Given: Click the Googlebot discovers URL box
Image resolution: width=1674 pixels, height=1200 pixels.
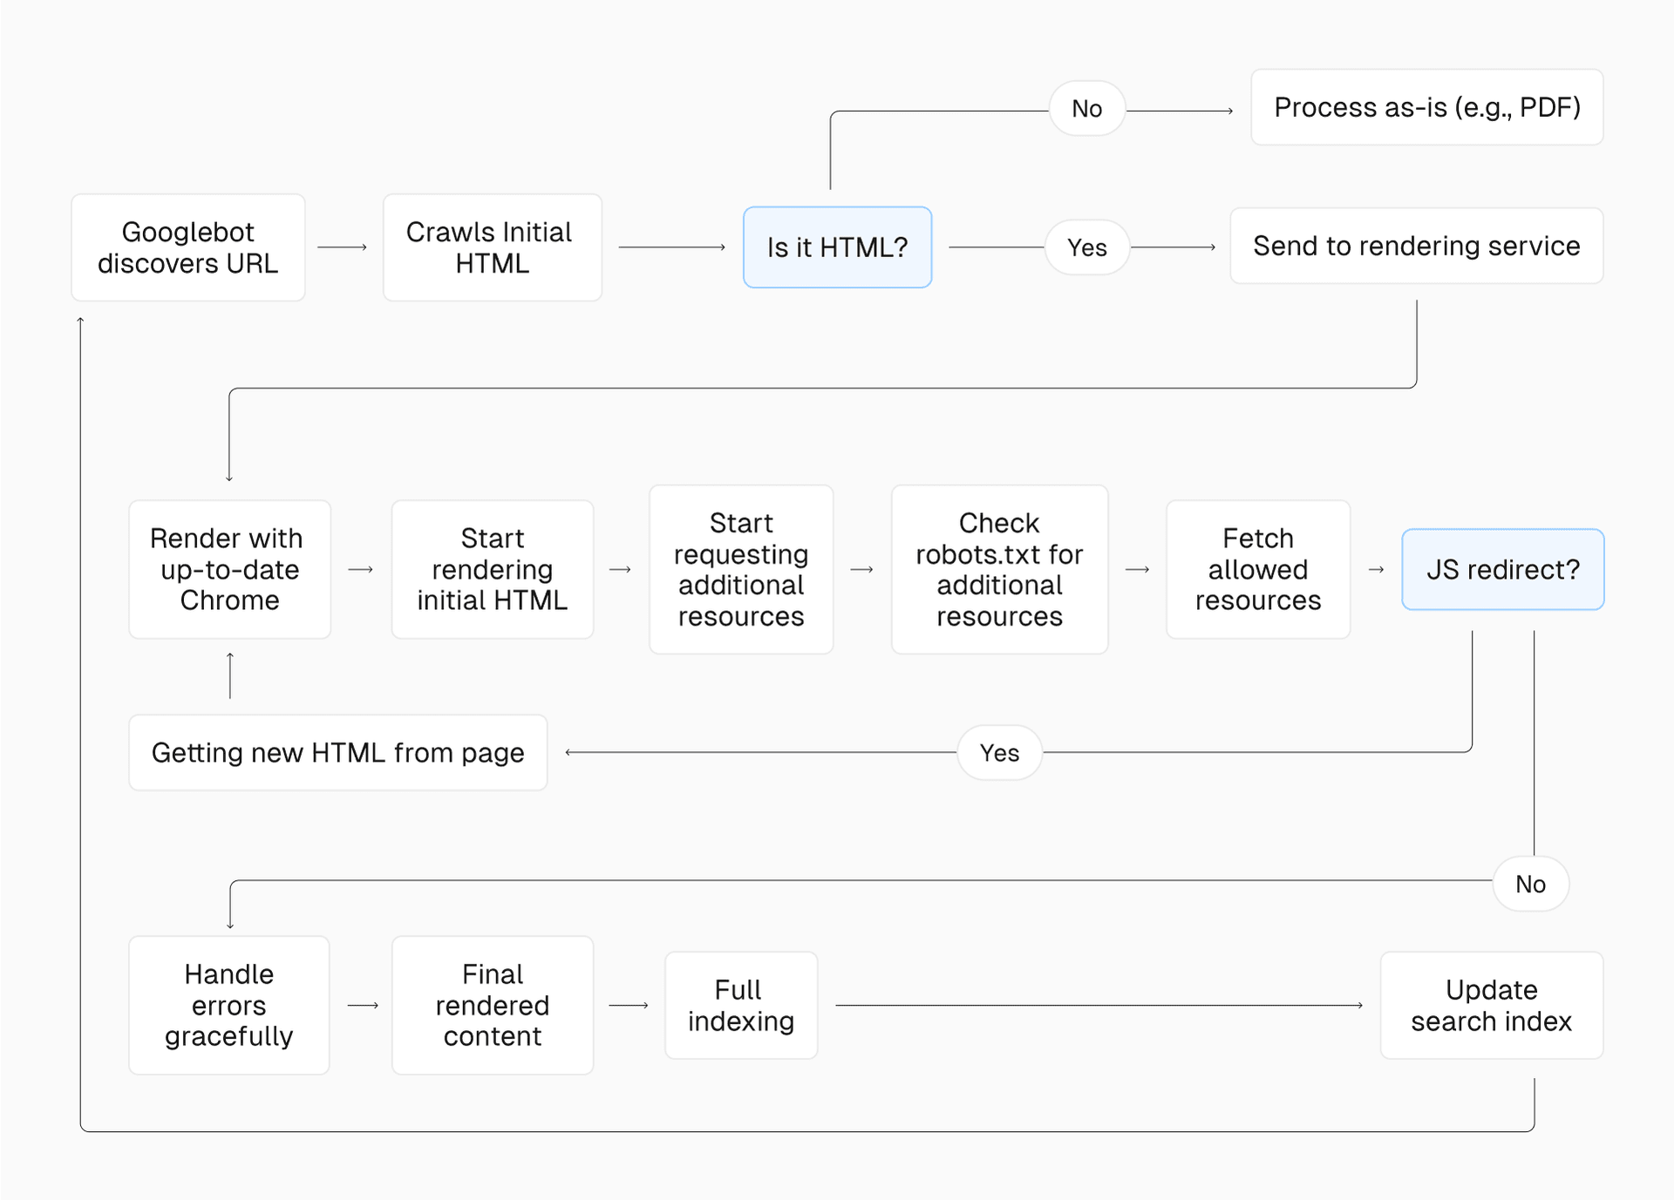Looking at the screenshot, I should [187, 247].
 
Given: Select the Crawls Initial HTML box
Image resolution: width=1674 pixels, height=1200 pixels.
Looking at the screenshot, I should [492, 247].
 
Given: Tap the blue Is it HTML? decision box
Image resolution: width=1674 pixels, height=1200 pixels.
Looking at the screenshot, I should [837, 247].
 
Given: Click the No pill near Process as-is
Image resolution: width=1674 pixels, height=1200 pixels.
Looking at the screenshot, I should [1086, 109].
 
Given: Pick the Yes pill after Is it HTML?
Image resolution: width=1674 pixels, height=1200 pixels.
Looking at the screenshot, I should [1086, 247].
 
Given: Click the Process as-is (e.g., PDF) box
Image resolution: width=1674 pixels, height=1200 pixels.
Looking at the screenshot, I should [1426, 107].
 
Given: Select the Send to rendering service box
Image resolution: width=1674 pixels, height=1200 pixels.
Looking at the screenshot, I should [1416, 246].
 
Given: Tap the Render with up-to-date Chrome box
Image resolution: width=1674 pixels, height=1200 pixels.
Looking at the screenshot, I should [229, 569].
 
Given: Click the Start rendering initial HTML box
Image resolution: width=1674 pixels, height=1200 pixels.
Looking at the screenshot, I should [492, 569].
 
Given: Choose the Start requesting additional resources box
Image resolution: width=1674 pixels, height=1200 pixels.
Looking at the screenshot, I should [741, 569].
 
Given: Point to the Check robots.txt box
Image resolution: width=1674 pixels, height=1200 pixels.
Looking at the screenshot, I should [999, 569].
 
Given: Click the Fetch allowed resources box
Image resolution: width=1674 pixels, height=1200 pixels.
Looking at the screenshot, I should [1257, 569].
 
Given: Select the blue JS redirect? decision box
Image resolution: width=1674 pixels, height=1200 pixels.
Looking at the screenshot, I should [1502, 569].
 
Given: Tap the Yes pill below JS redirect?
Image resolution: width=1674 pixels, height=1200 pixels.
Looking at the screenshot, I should [999, 752].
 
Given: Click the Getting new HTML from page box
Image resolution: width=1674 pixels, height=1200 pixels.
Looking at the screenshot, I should [337, 752].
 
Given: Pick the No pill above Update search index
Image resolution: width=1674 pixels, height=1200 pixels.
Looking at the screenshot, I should [1530, 884].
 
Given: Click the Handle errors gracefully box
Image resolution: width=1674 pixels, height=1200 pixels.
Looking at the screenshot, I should [228, 1005].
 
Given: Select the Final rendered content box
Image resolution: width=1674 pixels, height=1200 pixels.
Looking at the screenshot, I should [492, 1005].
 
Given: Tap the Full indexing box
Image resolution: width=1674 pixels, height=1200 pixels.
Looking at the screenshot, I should [740, 1005].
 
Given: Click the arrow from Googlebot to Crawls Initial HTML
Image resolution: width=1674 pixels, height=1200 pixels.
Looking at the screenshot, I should [342, 247].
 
